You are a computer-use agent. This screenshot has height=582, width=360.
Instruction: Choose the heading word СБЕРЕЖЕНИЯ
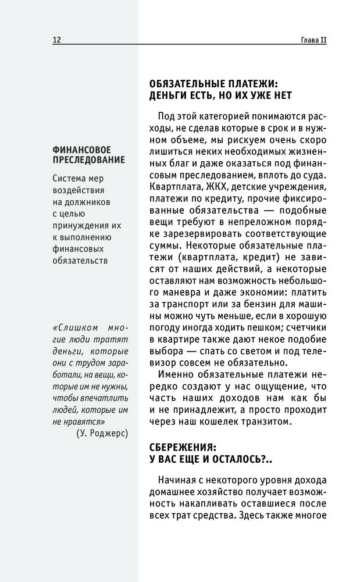pyautogui.click(x=174, y=448)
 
